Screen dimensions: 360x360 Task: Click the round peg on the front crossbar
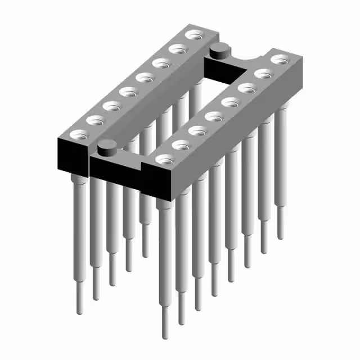106,148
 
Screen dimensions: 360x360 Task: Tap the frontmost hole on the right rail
165,159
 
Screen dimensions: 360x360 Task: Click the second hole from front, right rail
181,145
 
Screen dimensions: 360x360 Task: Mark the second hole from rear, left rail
179,49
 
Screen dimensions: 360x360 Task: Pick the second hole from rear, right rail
263,73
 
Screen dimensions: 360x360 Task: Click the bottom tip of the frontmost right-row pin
164,336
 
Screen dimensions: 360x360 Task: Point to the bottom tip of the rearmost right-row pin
281,236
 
